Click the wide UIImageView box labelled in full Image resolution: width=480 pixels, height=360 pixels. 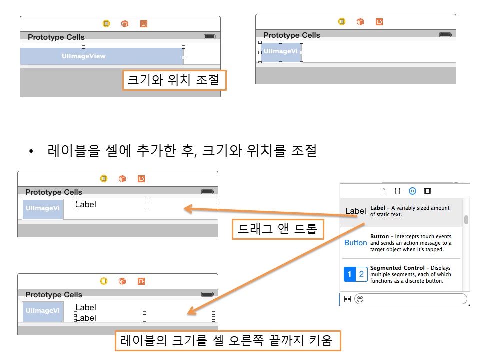(x=102, y=56)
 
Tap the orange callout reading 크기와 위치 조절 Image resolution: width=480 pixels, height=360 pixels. (x=174, y=80)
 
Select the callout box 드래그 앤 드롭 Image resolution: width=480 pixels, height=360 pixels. (x=278, y=229)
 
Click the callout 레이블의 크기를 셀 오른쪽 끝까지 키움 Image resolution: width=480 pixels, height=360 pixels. (x=228, y=340)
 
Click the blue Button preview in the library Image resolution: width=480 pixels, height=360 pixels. (x=355, y=243)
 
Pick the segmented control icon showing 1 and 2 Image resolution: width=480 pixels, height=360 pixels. (x=355, y=274)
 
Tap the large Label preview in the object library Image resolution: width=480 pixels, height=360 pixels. (x=355, y=211)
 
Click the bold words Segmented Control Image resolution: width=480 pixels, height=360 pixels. (x=397, y=268)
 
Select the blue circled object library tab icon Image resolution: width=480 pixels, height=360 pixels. (x=412, y=191)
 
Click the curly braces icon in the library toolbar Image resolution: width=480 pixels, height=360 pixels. (x=397, y=191)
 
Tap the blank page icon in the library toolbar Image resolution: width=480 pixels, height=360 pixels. (x=382, y=191)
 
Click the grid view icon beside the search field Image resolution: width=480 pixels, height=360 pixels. (x=348, y=299)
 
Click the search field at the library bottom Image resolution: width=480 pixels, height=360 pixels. (x=411, y=299)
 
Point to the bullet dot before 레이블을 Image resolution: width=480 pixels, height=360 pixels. (x=31, y=151)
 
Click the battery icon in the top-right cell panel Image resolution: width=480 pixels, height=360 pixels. (x=445, y=35)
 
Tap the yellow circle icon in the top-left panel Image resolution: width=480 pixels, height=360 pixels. (x=106, y=24)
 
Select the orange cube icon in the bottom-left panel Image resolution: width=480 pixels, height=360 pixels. (x=122, y=281)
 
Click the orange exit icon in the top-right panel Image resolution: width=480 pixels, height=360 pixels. (x=379, y=22)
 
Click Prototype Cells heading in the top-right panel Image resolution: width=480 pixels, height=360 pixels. (x=291, y=35)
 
